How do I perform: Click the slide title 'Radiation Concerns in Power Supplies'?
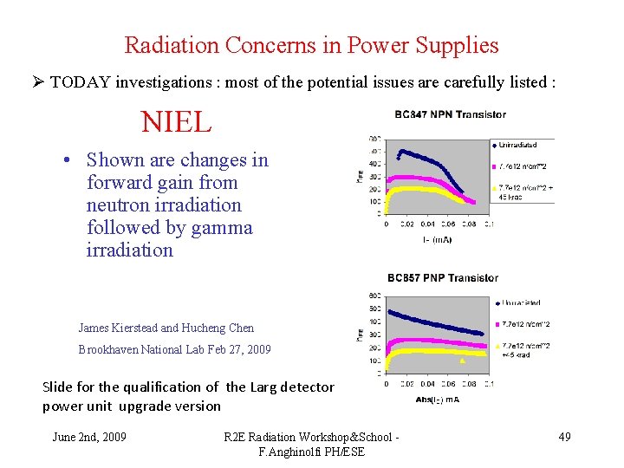(x=311, y=45)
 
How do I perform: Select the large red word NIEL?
(x=176, y=122)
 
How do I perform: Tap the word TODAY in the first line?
(x=80, y=83)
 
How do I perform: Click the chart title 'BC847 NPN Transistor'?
(x=450, y=114)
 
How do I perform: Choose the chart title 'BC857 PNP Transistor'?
(x=443, y=277)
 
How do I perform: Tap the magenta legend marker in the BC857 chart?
(x=495, y=324)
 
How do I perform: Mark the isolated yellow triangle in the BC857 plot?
(x=463, y=361)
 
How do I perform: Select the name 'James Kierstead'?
(x=118, y=328)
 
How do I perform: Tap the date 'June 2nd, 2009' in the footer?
(x=89, y=437)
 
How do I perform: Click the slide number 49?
(x=564, y=437)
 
